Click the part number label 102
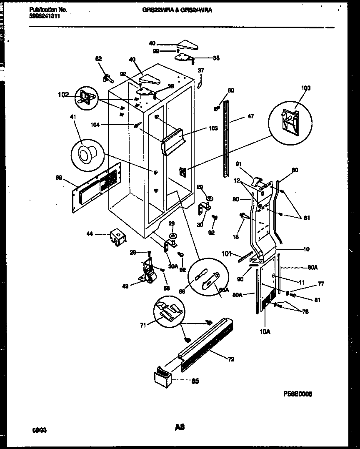pos(63,95)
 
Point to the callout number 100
pos(306,88)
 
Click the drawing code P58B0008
pos(297,394)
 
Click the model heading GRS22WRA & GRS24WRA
pos(177,10)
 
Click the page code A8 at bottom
pos(180,427)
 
